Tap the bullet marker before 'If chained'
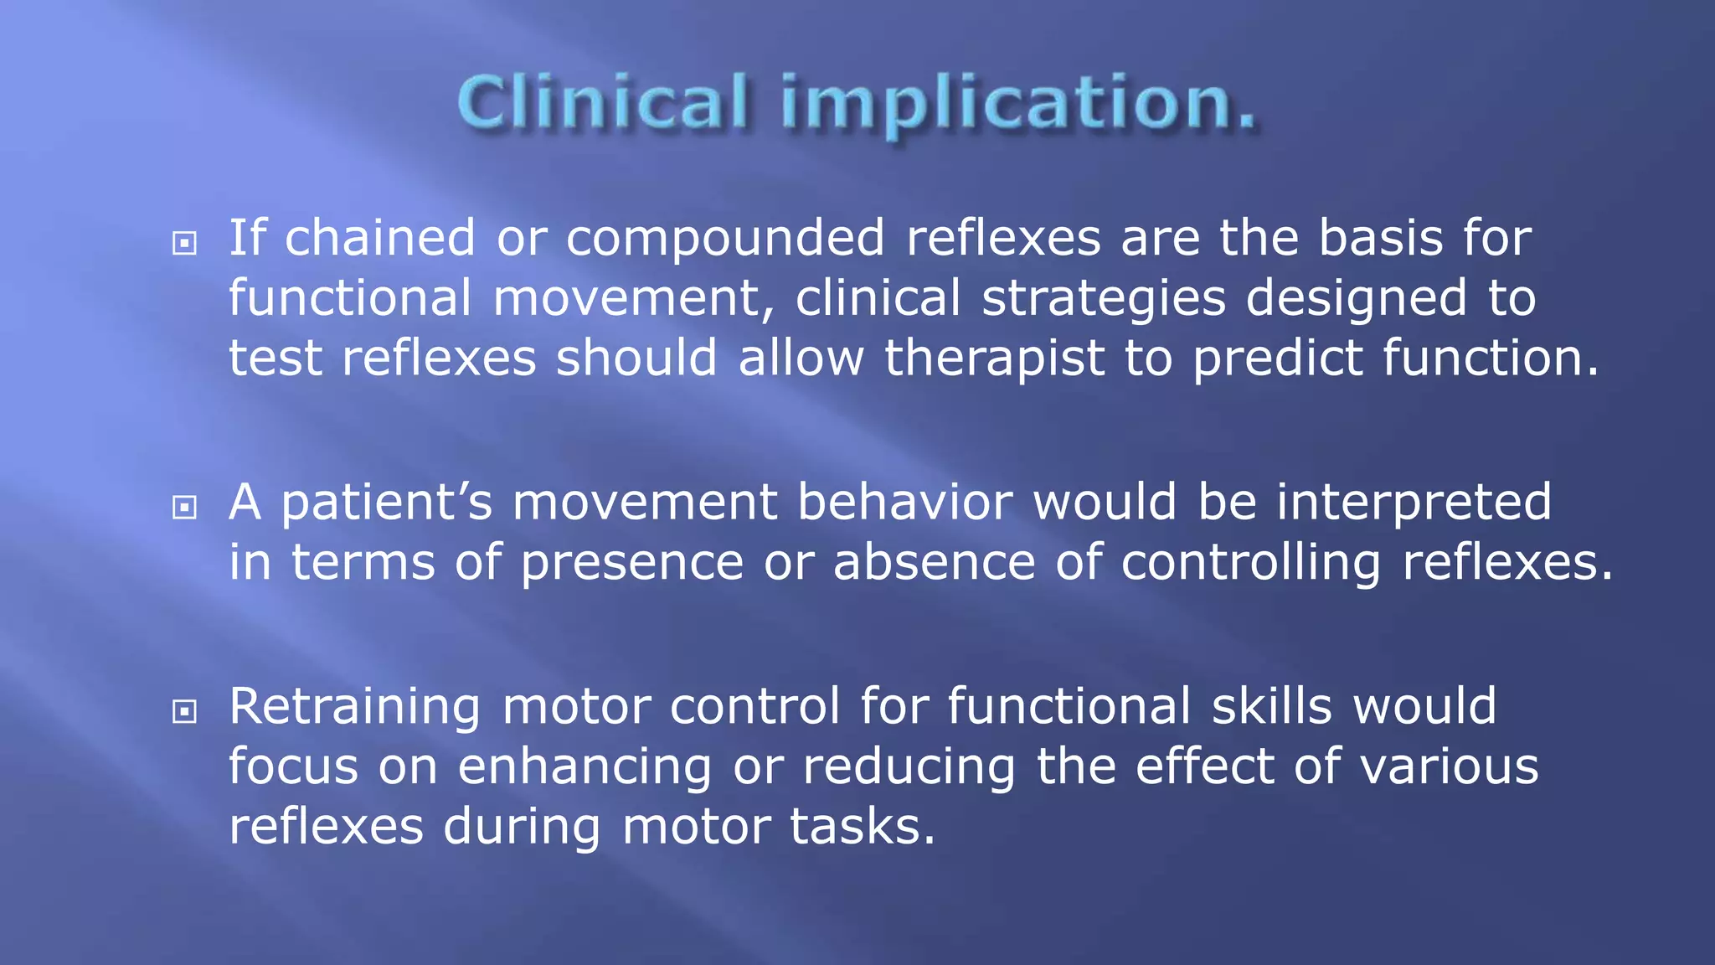click(x=184, y=244)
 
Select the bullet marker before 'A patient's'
click(x=184, y=507)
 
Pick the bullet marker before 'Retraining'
click(x=184, y=711)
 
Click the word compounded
click(x=725, y=238)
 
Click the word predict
click(x=1277, y=359)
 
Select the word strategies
click(x=1103, y=299)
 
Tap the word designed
click(x=1356, y=298)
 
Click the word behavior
click(x=904, y=502)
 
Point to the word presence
click(x=632, y=563)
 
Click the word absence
click(x=934, y=562)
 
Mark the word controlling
click(x=1250, y=563)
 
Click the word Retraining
click(x=354, y=707)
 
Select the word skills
click(x=1271, y=706)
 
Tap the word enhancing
click(x=585, y=768)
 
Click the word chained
click(x=380, y=238)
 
